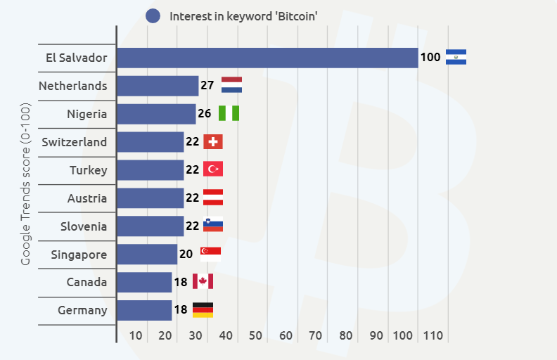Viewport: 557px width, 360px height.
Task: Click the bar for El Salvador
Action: [267, 58]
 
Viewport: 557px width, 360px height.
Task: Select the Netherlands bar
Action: [158, 86]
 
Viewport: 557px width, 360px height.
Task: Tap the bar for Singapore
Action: [147, 255]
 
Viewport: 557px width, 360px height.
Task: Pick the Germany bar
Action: [144, 311]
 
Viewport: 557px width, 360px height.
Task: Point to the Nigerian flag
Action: [229, 114]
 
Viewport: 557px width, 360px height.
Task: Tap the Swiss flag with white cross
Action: [213, 142]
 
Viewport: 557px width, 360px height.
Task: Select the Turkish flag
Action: [213, 169]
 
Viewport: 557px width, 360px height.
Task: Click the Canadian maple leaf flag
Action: [203, 282]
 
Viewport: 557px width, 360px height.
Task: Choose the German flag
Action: [203, 310]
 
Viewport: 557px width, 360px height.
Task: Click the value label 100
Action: [430, 58]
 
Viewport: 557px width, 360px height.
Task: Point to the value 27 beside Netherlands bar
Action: [207, 86]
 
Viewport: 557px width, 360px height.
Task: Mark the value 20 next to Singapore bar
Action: [186, 255]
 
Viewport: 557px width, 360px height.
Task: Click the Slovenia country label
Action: [84, 226]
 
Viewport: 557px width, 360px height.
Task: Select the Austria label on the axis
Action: [87, 198]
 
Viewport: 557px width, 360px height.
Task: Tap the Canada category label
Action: [86, 283]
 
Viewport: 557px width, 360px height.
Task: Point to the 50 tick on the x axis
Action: [255, 335]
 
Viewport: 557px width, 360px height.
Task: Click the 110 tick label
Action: [433, 335]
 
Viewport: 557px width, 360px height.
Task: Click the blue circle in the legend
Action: [153, 16]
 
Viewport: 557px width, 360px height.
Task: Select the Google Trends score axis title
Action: [26, 184]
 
